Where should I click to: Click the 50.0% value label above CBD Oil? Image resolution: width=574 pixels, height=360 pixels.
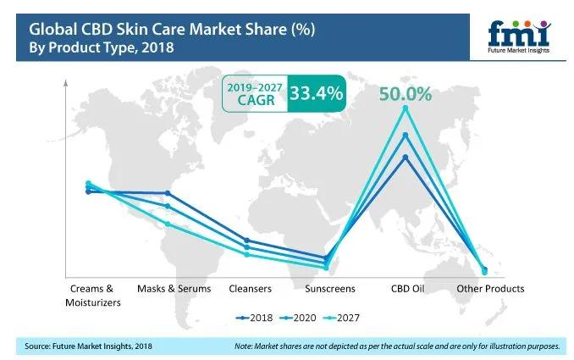pos(406,91)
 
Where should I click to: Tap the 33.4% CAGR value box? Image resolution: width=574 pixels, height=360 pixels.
pos(316,92)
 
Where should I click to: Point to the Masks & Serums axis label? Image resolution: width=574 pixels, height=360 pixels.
pos(168,289)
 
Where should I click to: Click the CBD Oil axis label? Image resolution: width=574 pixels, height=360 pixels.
pos(406,289)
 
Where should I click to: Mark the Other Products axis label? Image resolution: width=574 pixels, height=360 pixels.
pos(490,289)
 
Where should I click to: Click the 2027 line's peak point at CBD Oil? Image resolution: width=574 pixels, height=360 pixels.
pos(406,108)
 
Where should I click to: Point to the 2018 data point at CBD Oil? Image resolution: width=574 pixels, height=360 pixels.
pos(406,157)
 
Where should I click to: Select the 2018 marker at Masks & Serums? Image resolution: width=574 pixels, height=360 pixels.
pos(168,193)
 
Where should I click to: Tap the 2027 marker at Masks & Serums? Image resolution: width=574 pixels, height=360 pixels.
pos(168,224)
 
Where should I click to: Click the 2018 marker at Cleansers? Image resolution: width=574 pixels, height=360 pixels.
pos(246,240)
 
